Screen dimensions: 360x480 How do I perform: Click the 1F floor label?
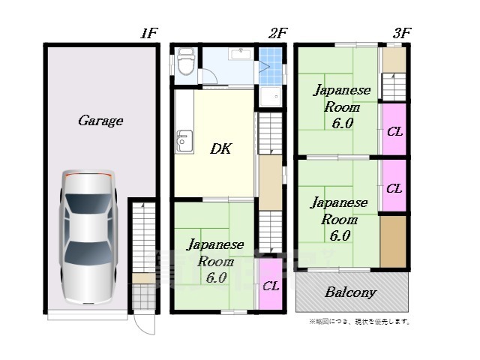pyautogui.click(x=148, y=33)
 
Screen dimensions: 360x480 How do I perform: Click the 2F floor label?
pyautogui.click(x=278, y=33)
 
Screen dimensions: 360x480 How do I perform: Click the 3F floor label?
pyautogui.click(x=402, y=33)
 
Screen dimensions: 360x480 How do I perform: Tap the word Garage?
pyautogui.click(x=100, y=120)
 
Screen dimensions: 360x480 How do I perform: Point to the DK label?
pyautogui.click(x=220, y=148)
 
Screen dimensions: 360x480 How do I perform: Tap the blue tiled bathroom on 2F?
pyautogui.click(x=271, y=66)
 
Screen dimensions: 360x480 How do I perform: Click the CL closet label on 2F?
pyautogui.click(x=271, y=286)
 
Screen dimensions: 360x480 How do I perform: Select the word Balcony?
pyautogui.click(x=350, y=292)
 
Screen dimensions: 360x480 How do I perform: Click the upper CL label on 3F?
pyautogui.click(x=394, y=132)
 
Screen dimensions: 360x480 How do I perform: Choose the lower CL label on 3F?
pyautogui.click(x=394, y=188)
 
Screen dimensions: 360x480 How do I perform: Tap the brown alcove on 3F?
pyautogui.click(x=393, y=241)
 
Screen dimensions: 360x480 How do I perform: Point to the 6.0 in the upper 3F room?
pyautogui.click(x=342, y=123)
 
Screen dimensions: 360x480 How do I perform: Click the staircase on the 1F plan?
pyautogui.click(x=142, y=240)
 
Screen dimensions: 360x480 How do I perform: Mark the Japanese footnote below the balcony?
pyautogui.click(x=359, y=322)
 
